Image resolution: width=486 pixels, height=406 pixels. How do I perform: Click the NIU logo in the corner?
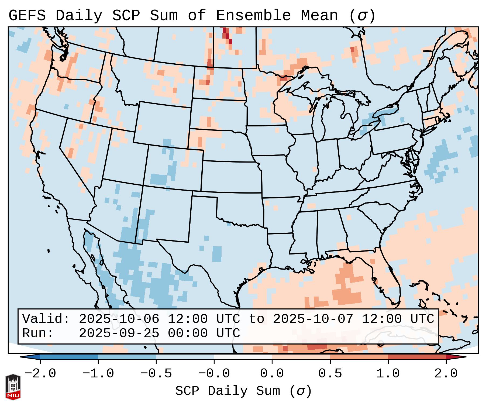coord(13,387)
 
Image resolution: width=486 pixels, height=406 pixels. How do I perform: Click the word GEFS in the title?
coord(27,16)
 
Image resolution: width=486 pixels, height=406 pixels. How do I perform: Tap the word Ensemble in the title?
coord(253,16)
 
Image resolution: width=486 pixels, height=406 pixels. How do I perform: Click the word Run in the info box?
coord(36,333)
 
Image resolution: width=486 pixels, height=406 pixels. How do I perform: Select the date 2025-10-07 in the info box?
coord(313,319)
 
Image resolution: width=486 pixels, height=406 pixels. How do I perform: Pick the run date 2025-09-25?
coord(119,333)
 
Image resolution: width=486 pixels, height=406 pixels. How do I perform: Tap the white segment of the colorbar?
coord(243,357)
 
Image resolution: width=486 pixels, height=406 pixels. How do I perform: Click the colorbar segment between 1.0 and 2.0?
coord(417,357)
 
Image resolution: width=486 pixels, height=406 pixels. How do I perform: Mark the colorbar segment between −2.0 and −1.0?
coord(69,357)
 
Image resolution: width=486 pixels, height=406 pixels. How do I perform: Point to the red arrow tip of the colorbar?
coord(458,357)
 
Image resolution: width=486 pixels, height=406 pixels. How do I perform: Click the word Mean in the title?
coord(319,16)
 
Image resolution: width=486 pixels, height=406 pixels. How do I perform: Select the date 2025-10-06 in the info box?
coord(119,319)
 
